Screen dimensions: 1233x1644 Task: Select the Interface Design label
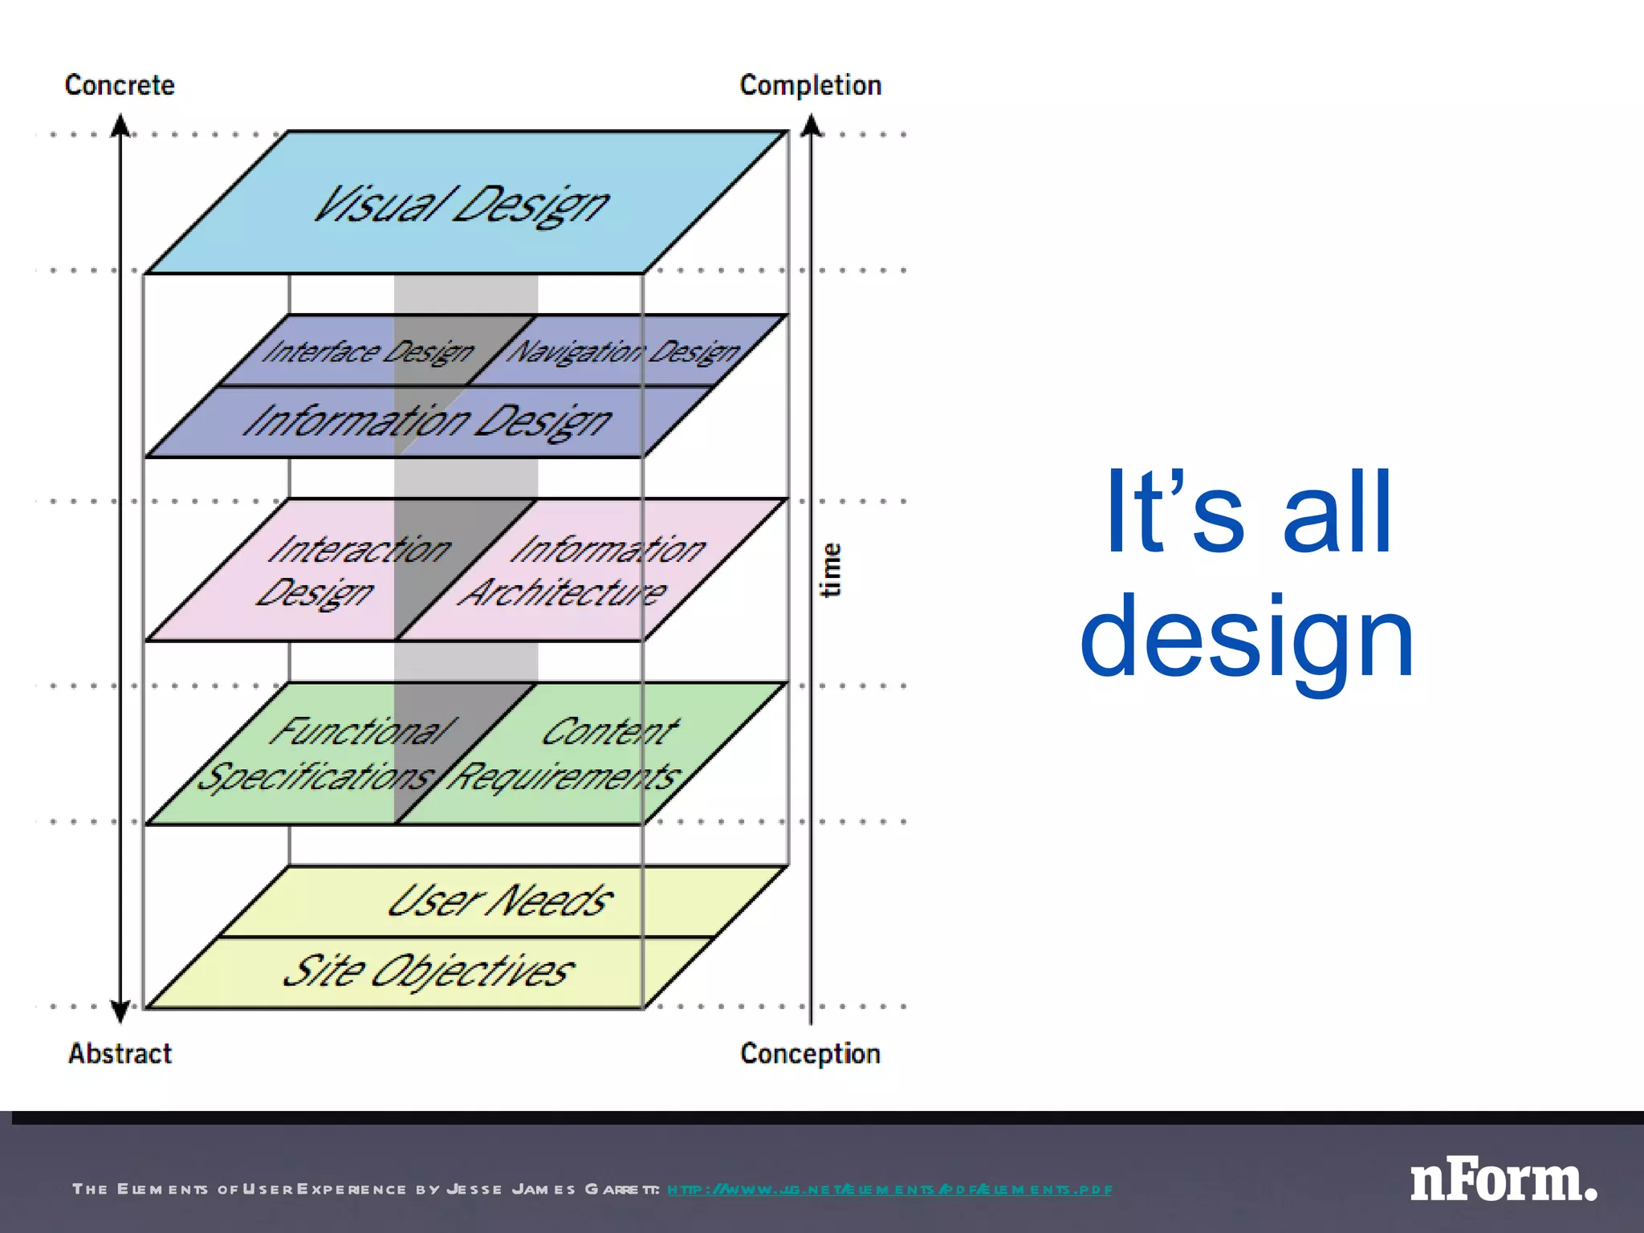368,352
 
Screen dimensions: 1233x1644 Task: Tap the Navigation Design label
625,352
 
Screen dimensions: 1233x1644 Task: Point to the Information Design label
428,421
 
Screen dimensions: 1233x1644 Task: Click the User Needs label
500,901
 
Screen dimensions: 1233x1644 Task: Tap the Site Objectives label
429,971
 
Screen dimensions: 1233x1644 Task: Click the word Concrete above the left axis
120,85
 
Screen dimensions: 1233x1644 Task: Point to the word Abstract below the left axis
120,1053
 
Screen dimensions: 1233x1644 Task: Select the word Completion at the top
811,85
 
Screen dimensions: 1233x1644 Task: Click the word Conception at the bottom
811,1053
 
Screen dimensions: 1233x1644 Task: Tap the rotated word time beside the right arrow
831,570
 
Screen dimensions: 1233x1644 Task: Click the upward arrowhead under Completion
812,125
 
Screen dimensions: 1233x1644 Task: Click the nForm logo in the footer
1503,1181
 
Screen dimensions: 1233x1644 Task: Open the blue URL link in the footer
889,1190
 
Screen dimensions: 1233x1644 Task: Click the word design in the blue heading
1247,638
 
